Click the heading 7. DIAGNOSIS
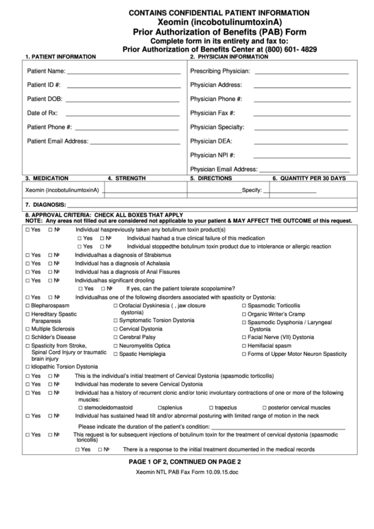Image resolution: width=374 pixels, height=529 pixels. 46,204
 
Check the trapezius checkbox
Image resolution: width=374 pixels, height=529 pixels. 210,408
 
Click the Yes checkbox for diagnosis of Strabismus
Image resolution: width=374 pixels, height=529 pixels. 28,255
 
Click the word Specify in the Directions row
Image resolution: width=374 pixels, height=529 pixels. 251,191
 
